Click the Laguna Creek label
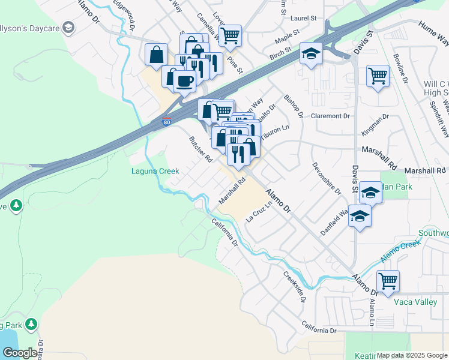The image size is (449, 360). pos(155,171)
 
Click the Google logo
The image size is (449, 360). pos(20,352)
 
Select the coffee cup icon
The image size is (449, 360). pos(185,81)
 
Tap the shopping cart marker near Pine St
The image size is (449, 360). pos(230,35)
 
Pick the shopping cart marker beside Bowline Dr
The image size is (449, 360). pos(378,76)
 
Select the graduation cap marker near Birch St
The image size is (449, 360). pos(312,53)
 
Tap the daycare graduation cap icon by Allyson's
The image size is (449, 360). pos(68,28)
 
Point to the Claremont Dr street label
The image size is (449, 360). pos(330,116)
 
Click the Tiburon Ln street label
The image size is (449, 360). pos(276,132)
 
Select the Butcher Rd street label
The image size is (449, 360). pos(200,150)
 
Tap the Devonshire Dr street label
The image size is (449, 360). pos(326,178)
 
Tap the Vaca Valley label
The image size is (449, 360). pos(415,302)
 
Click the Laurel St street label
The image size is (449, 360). pos(304,19)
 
